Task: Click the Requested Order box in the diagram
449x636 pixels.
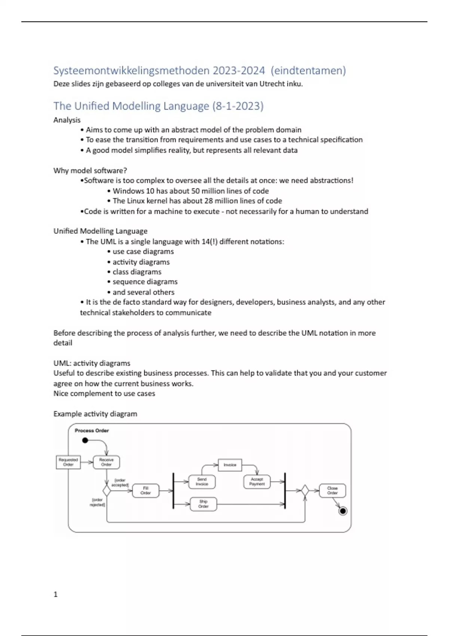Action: coord(68,462)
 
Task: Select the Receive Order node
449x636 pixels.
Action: coord(106,462)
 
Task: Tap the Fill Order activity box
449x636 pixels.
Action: coord(146,490)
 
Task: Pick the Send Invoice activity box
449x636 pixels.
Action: coord(202,481)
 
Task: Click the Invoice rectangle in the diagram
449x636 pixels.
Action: coord(230,465)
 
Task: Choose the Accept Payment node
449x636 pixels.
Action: coord(257,481)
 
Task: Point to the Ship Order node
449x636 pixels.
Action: coord(203,504)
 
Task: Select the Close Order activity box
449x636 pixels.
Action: coord(332,490)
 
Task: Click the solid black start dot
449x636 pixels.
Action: coord(85,440)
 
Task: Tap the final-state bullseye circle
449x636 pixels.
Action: coord(342,511)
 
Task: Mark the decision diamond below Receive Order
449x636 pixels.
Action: coord(107,490)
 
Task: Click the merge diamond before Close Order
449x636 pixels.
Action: coord(305,490)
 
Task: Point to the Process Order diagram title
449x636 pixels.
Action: coord(92,431)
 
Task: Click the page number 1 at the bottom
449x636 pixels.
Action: coord(56,594)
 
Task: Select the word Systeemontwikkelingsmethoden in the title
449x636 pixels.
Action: coord(131,70)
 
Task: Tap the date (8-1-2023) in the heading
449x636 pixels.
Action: coord(238,106)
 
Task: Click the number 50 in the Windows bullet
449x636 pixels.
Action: coord(195,191)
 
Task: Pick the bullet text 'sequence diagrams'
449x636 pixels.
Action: coord(145,282)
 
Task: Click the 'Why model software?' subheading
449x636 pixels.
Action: coord(90,171)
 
